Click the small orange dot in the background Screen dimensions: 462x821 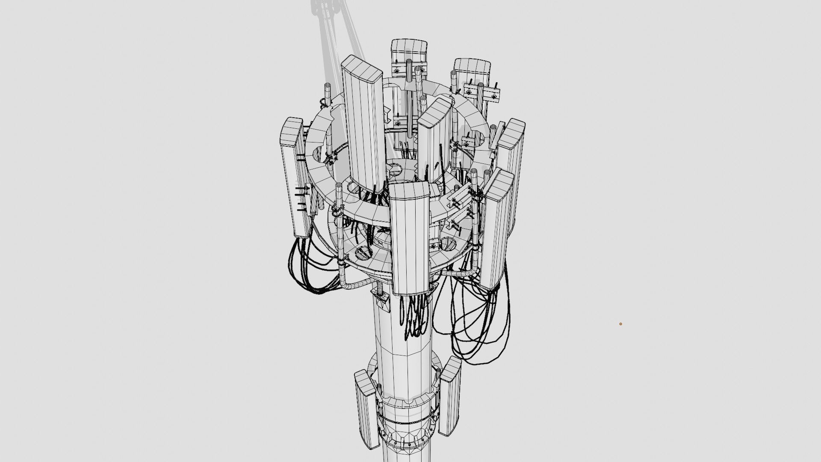[x=620, y=324]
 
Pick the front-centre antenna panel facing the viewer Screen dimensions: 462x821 [x=409, y=240]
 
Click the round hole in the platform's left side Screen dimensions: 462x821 [x=363, y=252]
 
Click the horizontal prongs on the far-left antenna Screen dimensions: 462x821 [x=302, y=197]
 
